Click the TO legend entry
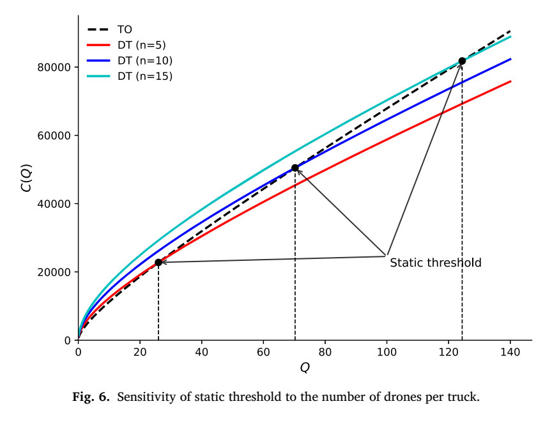tap(109, 29)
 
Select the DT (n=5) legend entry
tap(126, 45)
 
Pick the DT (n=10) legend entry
tap(130, 61)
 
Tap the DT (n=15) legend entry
tap(130, 76)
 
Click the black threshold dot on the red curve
tap(158, 262)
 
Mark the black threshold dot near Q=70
tap(295, 168)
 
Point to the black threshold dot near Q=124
tap(462, 61)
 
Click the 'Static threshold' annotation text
tap(436, 263)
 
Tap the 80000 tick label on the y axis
tap(54, 67)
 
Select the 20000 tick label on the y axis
tap(54, 272)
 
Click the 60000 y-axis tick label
tap(54, 136)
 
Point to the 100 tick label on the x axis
tap(387, 352)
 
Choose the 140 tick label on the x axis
tap(510, 352)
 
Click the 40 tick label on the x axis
tap(202, 352)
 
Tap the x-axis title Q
tap(305, 368)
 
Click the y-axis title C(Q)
tap(27, 178)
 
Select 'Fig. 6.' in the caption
tap(91, 397)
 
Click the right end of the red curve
tap(510, 81)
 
